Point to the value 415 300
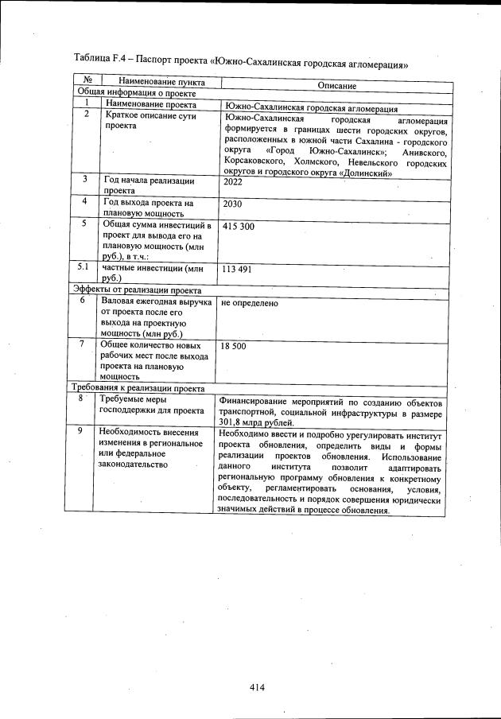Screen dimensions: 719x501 tap(239, 227)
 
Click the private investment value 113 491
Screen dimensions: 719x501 tap(237, 270)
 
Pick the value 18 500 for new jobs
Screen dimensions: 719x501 tap(234, 347)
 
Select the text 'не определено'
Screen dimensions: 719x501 tap(250, 303)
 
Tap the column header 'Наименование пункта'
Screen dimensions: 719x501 tap(161, 82)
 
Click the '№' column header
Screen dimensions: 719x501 tap(87, 80)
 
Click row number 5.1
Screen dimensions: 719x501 tap(82, 267)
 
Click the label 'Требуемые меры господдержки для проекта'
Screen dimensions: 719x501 tap(152, 405)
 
